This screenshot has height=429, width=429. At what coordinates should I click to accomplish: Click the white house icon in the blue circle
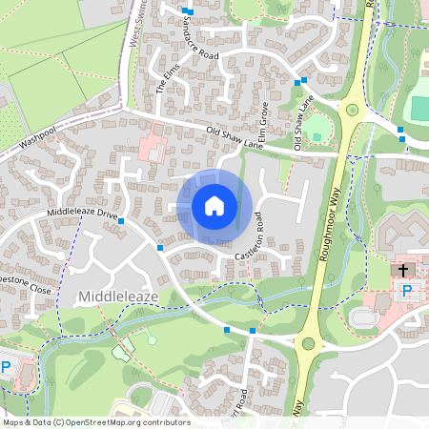(214, 206)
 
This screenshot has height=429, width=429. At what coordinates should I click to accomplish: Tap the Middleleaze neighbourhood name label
(118, 297)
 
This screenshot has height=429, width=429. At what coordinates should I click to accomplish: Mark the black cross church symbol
(404, 271)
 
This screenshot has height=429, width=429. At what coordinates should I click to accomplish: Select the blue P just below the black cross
(406, 291)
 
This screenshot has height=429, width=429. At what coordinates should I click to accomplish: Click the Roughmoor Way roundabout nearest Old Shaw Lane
(353, 111)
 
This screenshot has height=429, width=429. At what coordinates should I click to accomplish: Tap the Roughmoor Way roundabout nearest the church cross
(310, 343)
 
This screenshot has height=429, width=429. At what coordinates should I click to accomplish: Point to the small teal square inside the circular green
(317, 136)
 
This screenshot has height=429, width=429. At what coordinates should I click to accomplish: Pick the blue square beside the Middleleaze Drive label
(121, 221)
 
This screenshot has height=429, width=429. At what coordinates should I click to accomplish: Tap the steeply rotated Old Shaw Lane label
(304, 122)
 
